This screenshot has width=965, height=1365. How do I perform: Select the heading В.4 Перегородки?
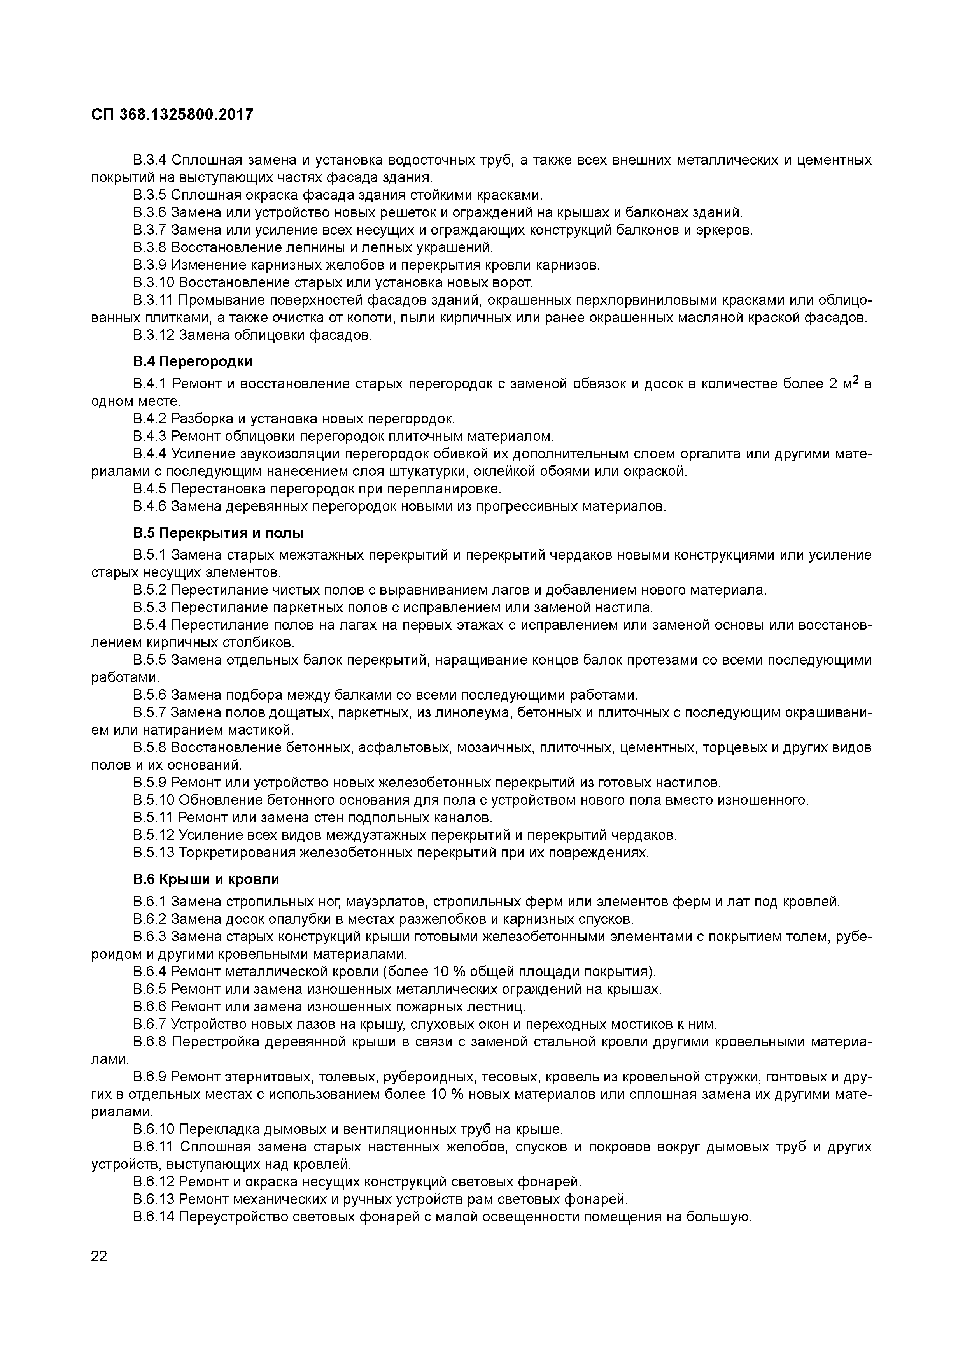tap(193, 361)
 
